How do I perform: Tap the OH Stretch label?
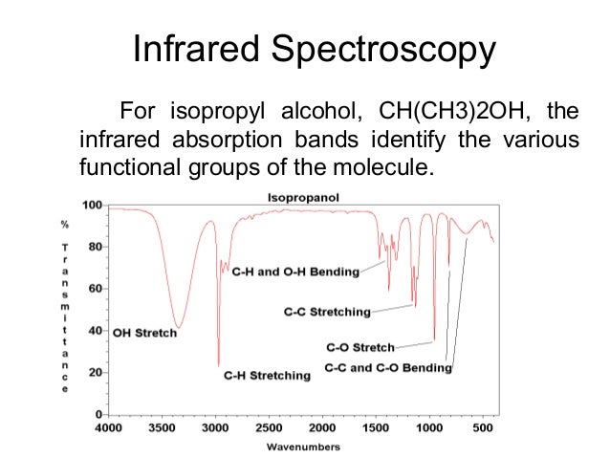pos(143,334)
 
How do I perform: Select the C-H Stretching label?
pos(267,376)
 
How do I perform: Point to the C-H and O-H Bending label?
pos(296,272)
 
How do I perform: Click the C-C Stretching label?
pos(327,311)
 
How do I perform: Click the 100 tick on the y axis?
pos(93,206)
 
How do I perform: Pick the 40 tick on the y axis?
pos(96,331)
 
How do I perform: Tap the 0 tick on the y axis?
pos(99,414)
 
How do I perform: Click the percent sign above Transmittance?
pos(65,225)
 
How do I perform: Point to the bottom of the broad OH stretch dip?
pos(177,327)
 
